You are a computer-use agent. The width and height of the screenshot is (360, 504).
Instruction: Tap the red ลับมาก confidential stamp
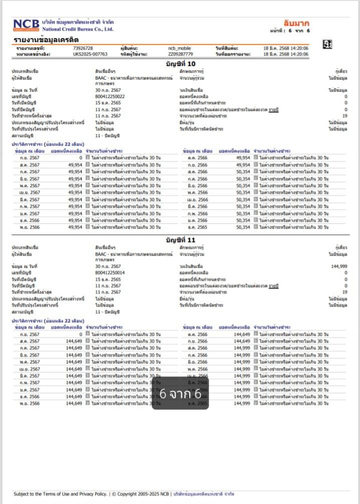[x=296, y=23]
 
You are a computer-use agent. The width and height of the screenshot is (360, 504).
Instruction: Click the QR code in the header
[x=327, y=45]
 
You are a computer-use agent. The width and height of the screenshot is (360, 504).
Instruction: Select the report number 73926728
[x=83, y=48]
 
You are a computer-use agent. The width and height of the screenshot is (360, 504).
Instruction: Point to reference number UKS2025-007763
[x=90, y=54]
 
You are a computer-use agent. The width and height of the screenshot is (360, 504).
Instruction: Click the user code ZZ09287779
[x=181, y=54]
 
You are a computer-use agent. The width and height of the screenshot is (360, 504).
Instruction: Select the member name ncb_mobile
[x=180, y=48]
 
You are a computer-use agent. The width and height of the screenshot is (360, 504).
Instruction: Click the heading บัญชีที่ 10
[x=180, y=64]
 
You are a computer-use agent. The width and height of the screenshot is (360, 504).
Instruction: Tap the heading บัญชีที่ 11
[x=180, y=240]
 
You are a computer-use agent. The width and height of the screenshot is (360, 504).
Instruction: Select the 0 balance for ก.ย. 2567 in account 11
[x=80, y=334]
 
